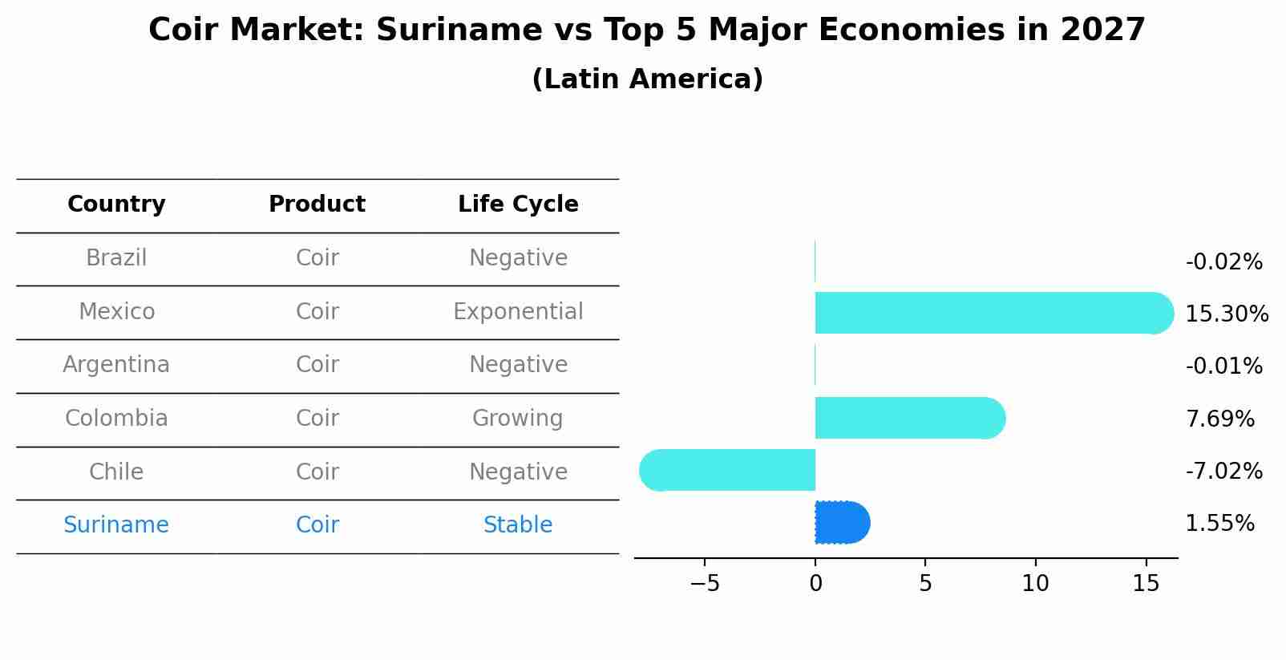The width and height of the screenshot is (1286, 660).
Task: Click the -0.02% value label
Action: [x=1223, y=262]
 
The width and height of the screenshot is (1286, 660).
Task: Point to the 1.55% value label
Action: [x=1219, y=524]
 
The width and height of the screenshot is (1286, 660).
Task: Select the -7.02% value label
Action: [x=1223, y=471]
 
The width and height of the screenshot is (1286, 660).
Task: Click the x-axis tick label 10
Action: [x=1035, y=584]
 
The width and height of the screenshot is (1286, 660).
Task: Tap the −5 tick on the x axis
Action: [x=705, y=584]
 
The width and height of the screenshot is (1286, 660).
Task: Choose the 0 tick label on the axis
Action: [x=815, y=584]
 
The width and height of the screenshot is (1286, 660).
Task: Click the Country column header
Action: [x=116, y=204]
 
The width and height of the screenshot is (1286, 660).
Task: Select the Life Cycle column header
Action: [x=518, y=204]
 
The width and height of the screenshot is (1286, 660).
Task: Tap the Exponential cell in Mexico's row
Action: [x=518, y=311]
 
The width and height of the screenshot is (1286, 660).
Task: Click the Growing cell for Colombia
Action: [x=518, y=418]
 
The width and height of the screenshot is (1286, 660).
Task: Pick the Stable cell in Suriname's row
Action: [x=518, y=524]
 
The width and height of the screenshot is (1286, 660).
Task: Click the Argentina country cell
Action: [x=116, y=365]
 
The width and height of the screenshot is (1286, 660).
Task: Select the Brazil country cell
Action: [x=116, y=258]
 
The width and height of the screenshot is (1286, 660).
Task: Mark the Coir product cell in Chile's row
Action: [x=317, y=472]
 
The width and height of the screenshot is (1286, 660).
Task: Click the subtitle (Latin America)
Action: [x=647, y=79]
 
